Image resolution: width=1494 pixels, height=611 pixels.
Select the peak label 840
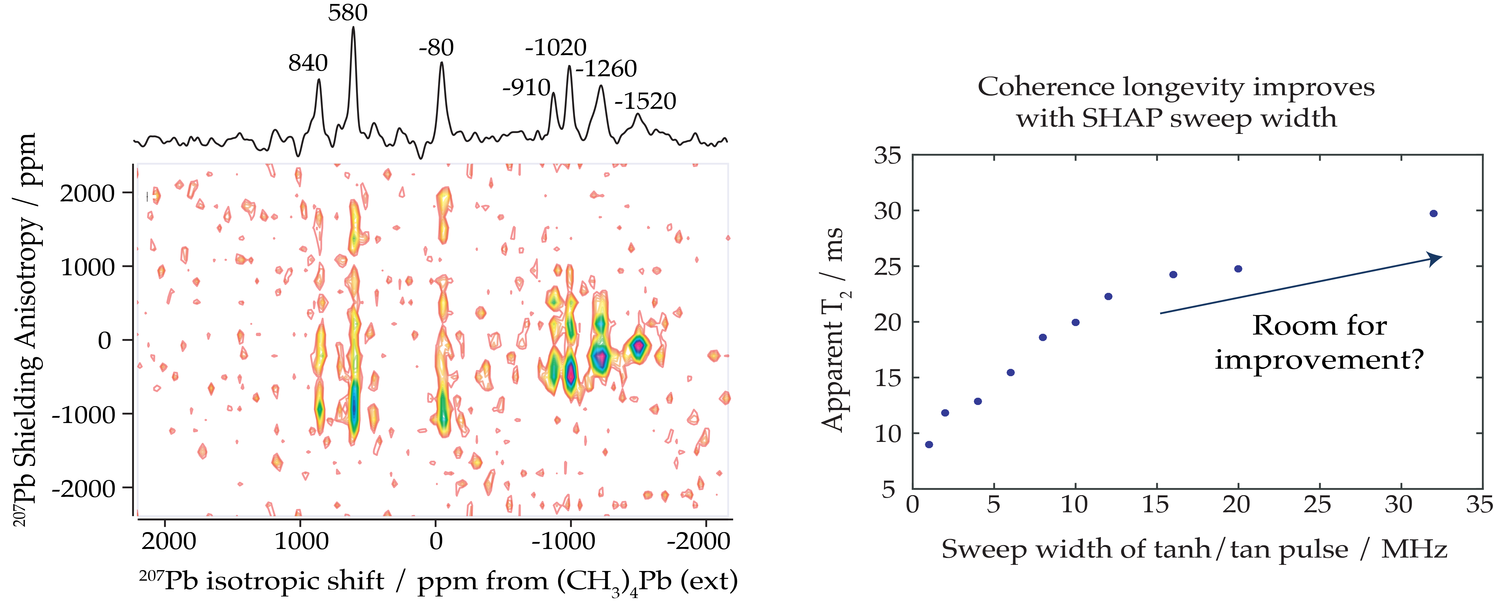pos(308,63)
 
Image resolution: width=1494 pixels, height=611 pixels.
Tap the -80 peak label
pos(436,47)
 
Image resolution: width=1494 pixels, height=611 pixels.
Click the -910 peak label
pos(526,88)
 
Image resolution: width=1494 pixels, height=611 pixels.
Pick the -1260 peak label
pos(606,69)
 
